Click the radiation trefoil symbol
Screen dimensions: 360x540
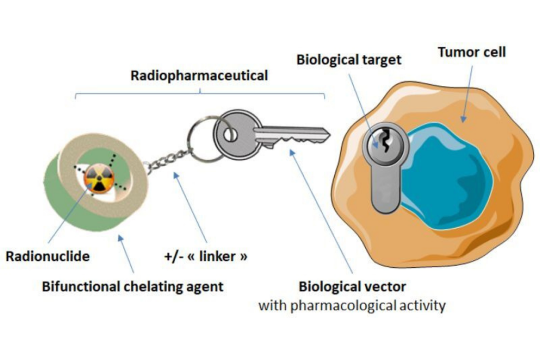[98, 178]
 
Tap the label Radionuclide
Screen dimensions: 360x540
[47, 257]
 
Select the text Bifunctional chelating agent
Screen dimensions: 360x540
[132, 287]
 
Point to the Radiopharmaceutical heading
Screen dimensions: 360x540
[199, 75]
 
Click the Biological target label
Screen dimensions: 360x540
[349, 59]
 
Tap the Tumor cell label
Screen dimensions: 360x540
[471, 52]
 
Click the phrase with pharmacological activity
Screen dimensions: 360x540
[352, 305]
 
